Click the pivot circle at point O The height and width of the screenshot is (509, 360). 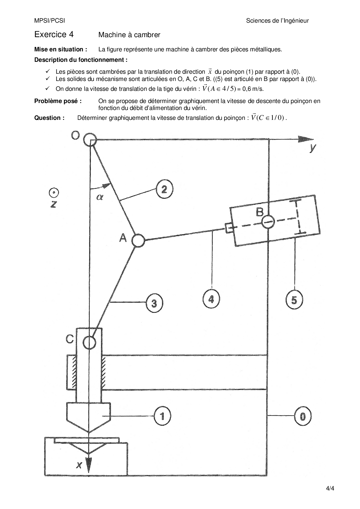[90, 140]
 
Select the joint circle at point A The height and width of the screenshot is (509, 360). [138, 241]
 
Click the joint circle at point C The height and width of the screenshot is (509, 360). [89, 342]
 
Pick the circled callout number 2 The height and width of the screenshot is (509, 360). [164, 189]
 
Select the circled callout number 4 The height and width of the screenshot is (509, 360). [211, 299]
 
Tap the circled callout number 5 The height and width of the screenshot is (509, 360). [294, 299]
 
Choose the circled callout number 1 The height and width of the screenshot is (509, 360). [162, 416]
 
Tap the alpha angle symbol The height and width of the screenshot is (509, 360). [100, 197]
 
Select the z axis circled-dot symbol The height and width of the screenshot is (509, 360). [54, 193]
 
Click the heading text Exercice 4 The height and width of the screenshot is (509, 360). [54, 35]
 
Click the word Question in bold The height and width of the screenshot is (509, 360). [47, 118]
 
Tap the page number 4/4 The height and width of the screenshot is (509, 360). [330, 488]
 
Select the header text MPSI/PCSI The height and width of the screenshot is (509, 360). [50, 21]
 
